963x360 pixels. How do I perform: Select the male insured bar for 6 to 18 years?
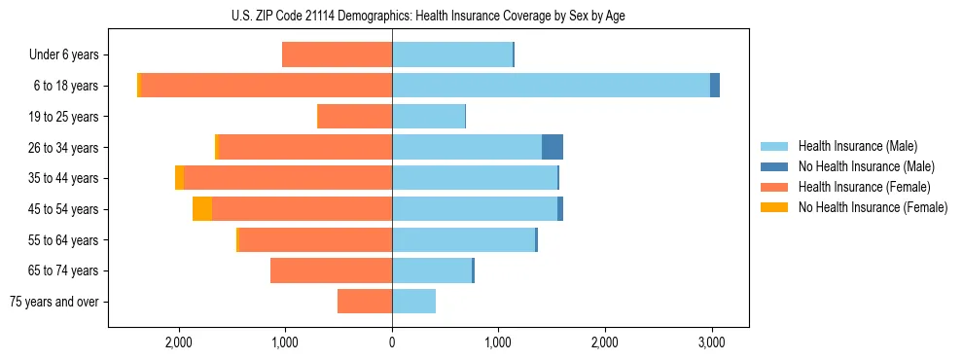click(551, 86)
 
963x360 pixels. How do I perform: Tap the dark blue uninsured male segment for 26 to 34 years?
click(553, 147)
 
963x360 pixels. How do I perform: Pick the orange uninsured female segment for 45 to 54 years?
click(202, 209)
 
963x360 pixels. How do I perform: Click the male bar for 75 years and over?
click(413, 302)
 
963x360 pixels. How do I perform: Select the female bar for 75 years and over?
click(365, 302)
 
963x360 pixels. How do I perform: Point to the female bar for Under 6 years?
click(337, 54)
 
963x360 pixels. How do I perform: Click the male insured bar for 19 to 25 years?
click(428, 117)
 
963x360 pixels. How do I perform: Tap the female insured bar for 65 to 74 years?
click(331, 270)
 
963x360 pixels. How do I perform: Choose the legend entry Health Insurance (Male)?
click(857, 146)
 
